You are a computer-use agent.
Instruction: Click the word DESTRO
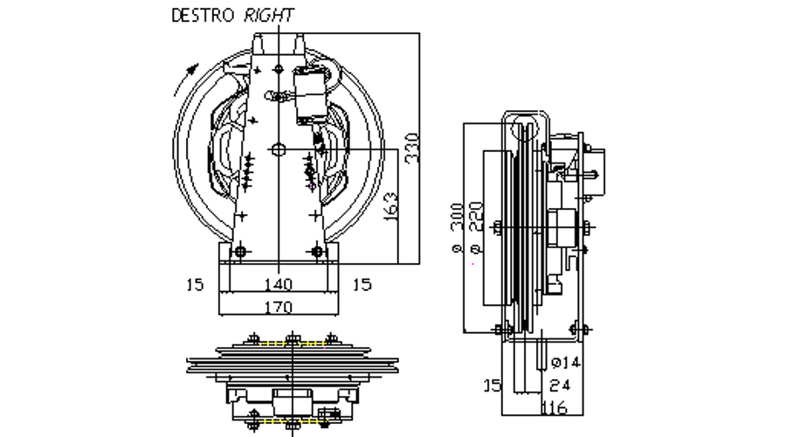(x=203, y=15)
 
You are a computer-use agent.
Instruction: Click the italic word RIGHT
(x=268, y=15)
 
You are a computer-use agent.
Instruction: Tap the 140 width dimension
(x=278, y=284)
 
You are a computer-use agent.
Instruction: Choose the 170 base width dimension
(x=278, y=307)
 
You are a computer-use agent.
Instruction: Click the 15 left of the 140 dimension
(x=195, y=284)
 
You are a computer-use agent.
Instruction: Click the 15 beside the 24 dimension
(x=493, y=385)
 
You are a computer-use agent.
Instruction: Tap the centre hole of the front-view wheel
(x=278, y=149)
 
